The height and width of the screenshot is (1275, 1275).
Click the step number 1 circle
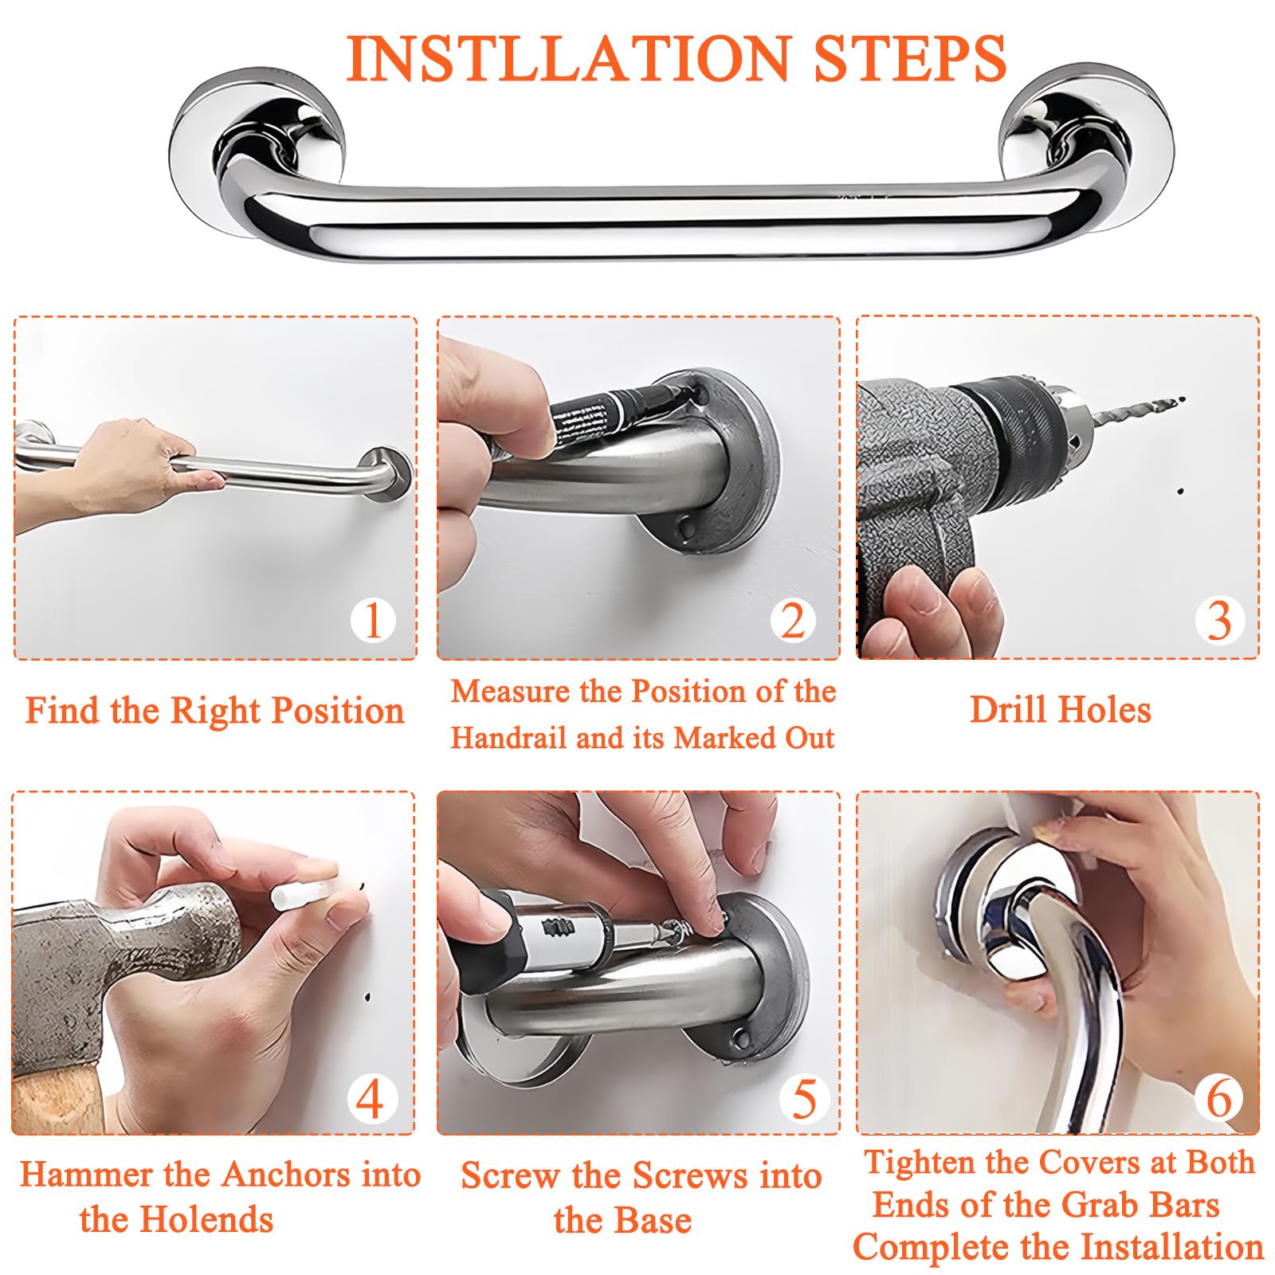[373, 620]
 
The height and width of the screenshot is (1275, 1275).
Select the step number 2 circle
[793, 620]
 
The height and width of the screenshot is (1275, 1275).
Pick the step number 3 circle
[1219, 620]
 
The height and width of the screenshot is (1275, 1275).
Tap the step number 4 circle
[371, 1099]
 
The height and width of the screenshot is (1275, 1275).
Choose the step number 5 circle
[804, 1099]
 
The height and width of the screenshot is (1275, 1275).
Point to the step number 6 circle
[1219, 1099]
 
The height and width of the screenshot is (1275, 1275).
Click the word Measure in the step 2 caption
[512, 692]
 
